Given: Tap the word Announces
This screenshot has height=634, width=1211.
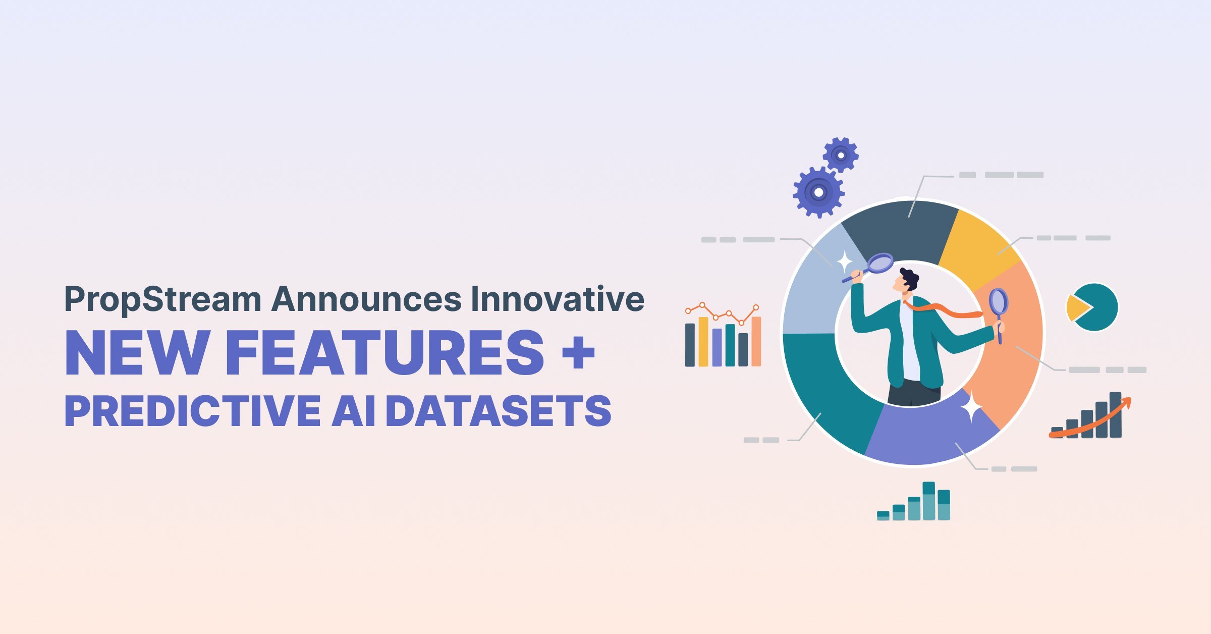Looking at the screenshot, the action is (367, 299).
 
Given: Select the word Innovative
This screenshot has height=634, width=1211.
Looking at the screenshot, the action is (558, 299).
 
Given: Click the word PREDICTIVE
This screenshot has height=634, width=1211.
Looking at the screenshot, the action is (193, 411).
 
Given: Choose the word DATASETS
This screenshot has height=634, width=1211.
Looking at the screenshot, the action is (499, 411).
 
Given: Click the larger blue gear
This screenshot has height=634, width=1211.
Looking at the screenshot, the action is (818, 192).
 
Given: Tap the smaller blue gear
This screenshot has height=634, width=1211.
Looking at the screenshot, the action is (841, 155).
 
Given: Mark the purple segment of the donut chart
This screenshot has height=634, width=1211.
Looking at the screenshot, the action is (928, 434).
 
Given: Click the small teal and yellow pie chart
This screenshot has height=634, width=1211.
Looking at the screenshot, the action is (1092, 307).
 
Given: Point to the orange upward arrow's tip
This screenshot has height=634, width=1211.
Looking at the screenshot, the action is (1130, 398).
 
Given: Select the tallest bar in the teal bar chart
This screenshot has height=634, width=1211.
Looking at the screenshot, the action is (928, 501).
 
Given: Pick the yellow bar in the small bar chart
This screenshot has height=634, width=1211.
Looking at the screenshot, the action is (703, 341).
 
